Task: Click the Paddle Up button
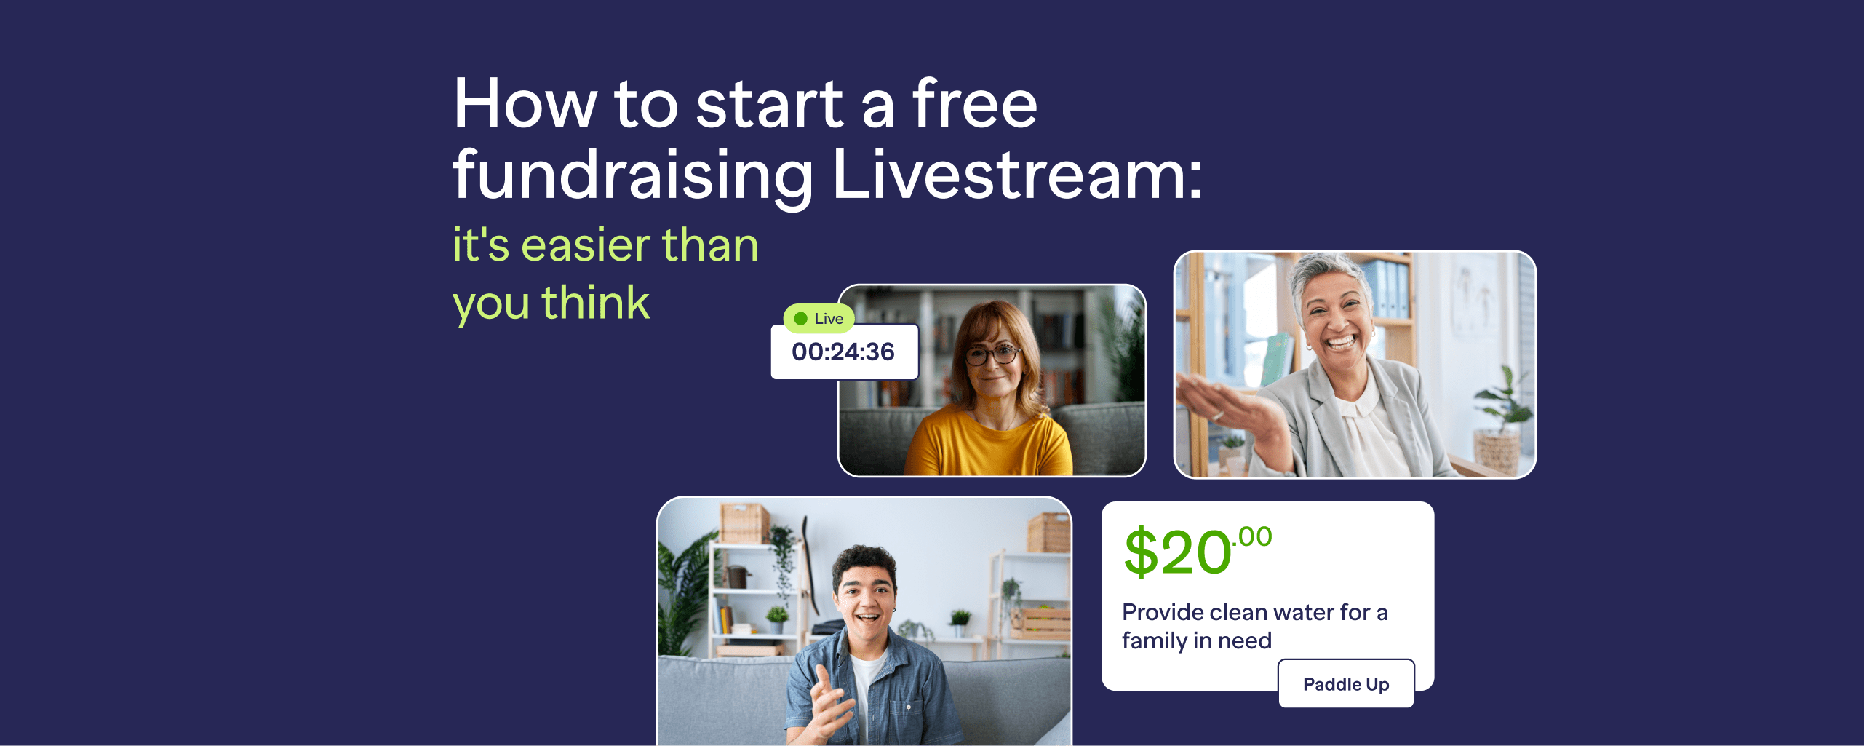click(1346, 684)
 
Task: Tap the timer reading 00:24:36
click(843, 352)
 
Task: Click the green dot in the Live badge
click(801, 319)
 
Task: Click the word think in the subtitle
click(595, 303)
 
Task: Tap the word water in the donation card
click(1301, 613)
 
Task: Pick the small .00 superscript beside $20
click(1253, 537)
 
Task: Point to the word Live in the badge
click(829, 319)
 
